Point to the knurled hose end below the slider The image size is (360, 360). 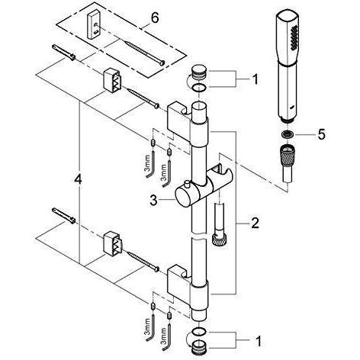point(220,239)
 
